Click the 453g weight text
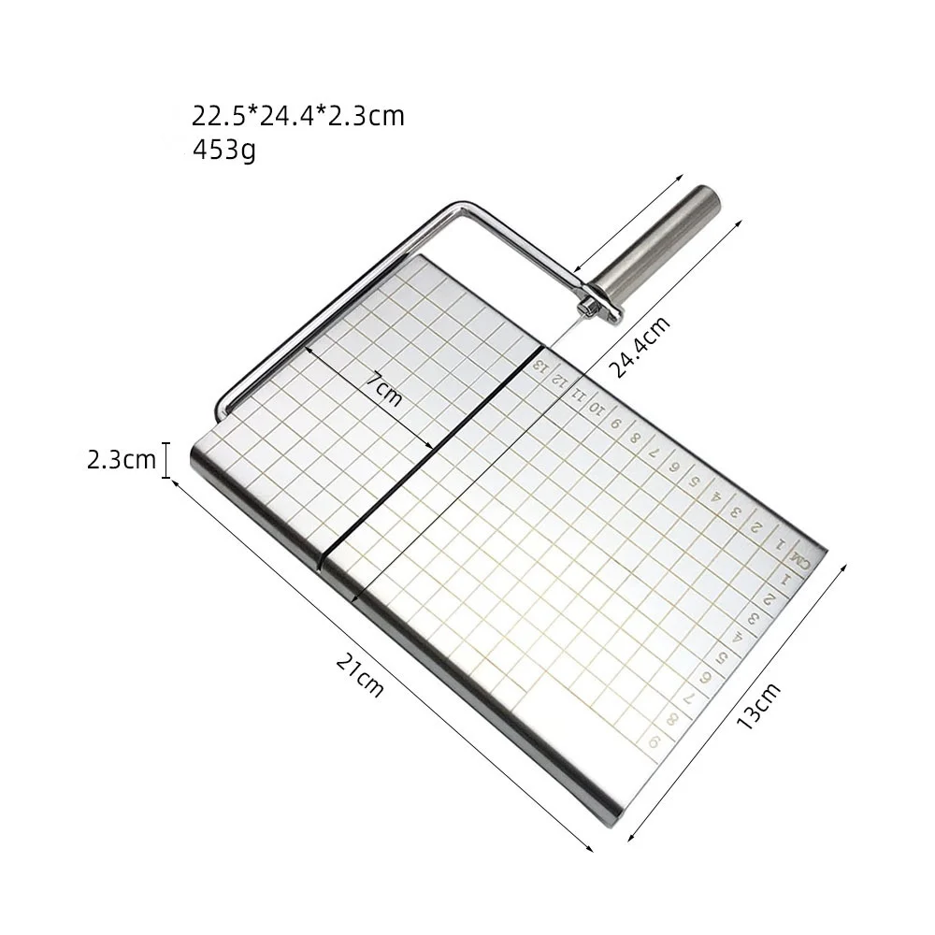223,149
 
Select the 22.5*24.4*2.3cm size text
298,116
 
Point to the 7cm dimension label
383,388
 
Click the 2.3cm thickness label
122,460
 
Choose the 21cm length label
360,674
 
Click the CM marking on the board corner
798,557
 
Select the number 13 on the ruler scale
540,366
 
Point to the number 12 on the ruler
559,381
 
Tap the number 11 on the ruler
579,395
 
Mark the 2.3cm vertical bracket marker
167,460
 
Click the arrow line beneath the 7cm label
369,397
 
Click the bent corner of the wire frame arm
456,207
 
